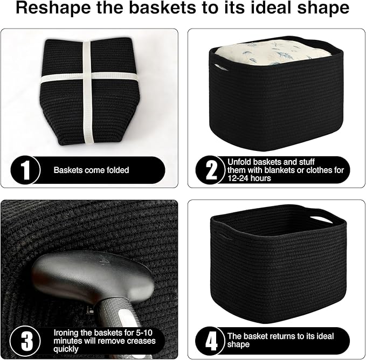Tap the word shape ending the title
pyautogui.click(x=324, y=10)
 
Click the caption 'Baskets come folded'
pyautogui.click(x=91, y=170)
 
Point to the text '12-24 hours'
pyautogui.click(x=250, y=178)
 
